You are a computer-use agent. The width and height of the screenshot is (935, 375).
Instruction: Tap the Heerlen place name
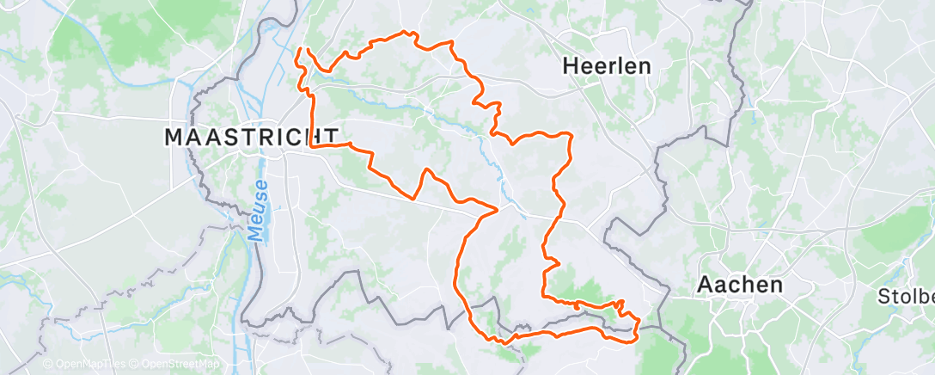click(x=607, y=65)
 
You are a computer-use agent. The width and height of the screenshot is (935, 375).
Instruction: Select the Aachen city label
click(x=740, y=285)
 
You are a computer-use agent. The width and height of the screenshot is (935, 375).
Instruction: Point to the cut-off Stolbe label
click(x=904, y=298)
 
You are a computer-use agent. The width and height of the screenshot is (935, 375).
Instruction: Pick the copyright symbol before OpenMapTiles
click(x=48, y=365)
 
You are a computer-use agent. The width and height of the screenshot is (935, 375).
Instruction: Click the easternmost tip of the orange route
click(x=639, y=323)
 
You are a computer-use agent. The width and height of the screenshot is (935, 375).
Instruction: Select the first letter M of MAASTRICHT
click(x=172, y=136)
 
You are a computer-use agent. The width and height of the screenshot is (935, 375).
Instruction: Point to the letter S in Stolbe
click(x=881, y=298)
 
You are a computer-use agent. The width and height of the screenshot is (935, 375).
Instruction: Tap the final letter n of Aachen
click(x=775, y=285)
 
